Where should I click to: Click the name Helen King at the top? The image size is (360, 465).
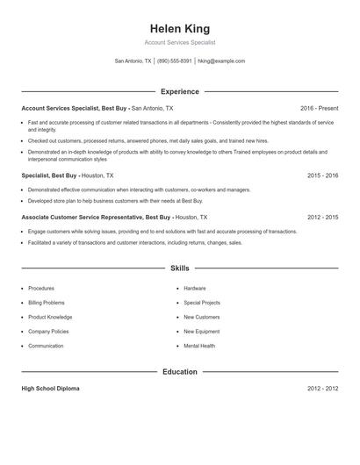179,29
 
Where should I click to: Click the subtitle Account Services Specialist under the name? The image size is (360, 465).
179,42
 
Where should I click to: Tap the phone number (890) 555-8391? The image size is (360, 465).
174,61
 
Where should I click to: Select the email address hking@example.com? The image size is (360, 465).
221,61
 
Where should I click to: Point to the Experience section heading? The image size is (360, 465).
179,91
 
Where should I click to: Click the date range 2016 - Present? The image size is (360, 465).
319,108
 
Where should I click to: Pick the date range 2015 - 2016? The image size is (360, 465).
322,175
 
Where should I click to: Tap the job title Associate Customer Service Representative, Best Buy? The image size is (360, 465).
96,217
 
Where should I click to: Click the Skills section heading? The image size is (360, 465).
179,268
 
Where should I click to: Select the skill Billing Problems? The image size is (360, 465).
47,303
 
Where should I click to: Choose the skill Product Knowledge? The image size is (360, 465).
50,317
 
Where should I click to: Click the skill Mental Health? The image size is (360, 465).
199,346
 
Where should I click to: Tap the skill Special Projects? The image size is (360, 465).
202,303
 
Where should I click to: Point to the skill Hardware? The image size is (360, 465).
195,288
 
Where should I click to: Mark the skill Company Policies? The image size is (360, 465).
49,332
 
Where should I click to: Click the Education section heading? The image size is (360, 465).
179,372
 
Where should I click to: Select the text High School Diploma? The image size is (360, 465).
52,388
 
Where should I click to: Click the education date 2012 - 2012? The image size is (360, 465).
322,388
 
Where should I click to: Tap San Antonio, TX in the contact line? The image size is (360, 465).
133,61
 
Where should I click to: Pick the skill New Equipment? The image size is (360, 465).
202,332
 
